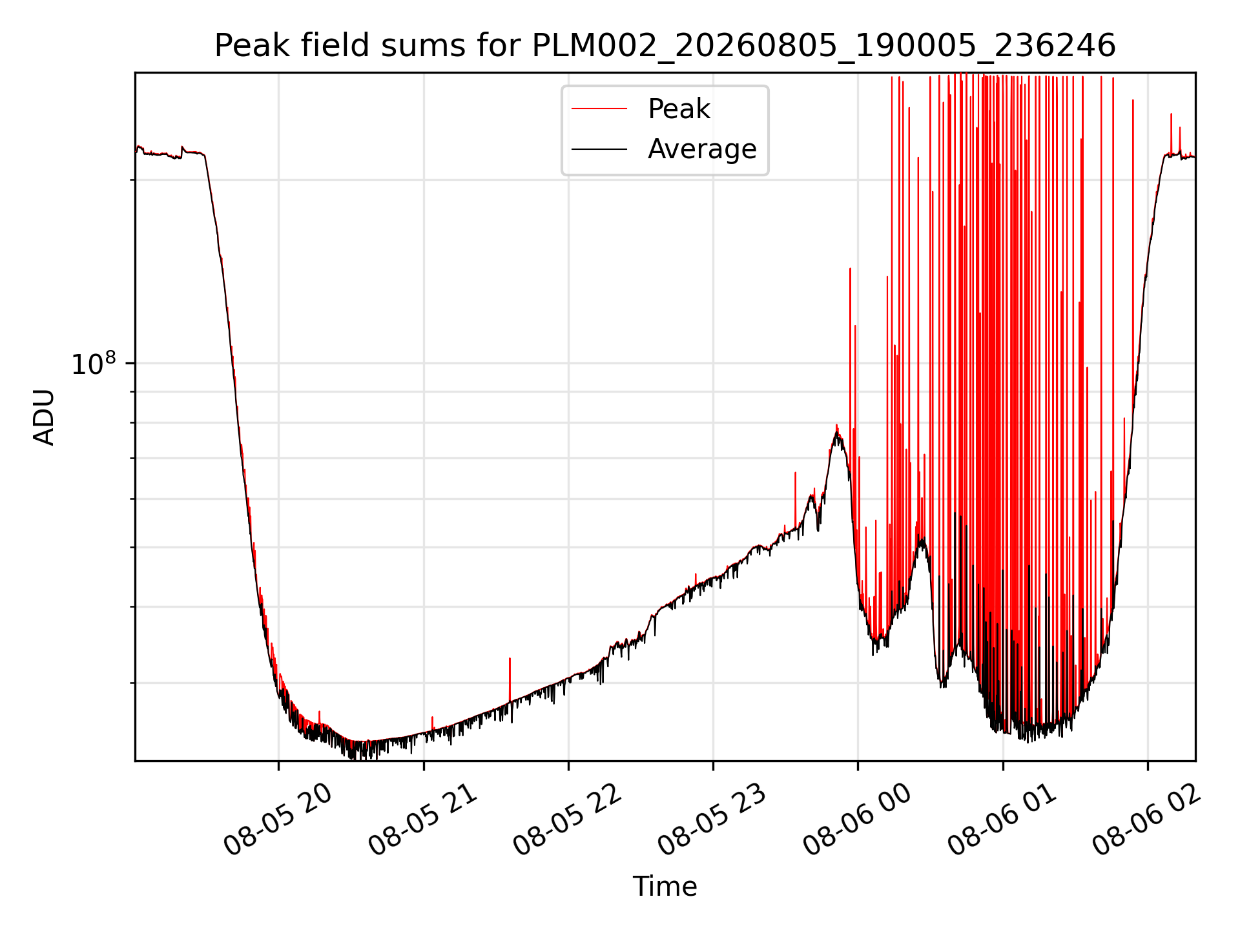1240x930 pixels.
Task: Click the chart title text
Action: (x=665, y=46)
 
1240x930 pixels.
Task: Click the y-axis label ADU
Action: (x=44, y=417)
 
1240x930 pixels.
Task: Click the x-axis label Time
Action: (x=665, y=887)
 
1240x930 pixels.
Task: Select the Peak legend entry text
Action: (x=679, y=109)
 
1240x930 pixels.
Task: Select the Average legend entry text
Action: (x=702, y=149)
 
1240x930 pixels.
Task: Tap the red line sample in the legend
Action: (x=599, y=109)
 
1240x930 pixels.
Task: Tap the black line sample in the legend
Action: (x=599, y=149)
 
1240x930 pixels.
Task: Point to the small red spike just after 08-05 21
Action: (x=432, y=724)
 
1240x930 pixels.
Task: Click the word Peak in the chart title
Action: (x=245, y=46)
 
